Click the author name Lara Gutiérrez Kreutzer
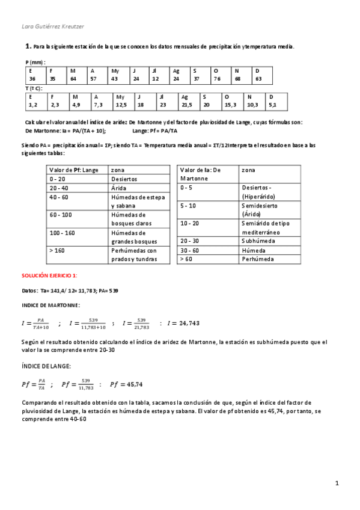click(52, 26)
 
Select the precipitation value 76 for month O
click(217, 79)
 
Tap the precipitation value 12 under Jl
click(155, 79)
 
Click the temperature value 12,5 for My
click(121, 105)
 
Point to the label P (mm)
click(35, 62)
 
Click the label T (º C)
click(35, 88)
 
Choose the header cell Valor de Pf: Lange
click(73, 170)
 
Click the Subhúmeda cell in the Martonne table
click(258, 240)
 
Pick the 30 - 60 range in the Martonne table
click(190, 250)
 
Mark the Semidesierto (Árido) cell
click(257, 209)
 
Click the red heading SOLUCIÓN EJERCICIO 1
click(49, 275)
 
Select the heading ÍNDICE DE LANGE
click(46, 365)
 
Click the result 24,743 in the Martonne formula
click(187, 323)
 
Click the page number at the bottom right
click(337, 483)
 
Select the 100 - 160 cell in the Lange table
click(63, 232)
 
